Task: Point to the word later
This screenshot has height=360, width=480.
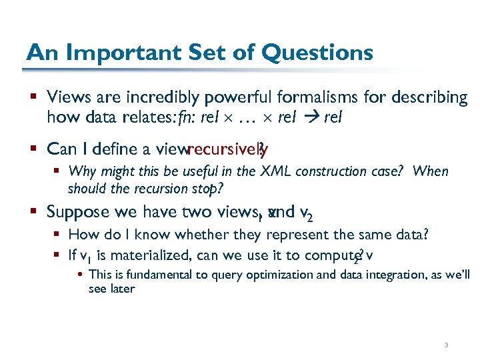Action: coord(122,289)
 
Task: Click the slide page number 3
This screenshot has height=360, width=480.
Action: coord(446,345)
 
